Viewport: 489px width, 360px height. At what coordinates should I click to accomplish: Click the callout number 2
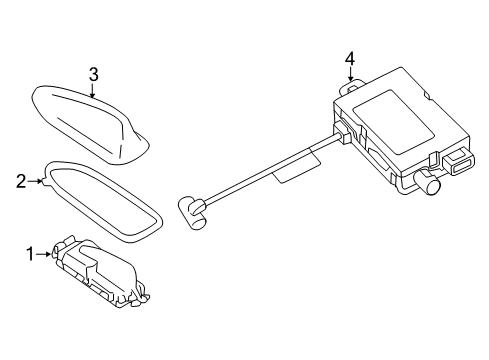pyautogui.click(x=20, y=181)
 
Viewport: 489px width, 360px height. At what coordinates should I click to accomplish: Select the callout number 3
pyautogui.click(x=92, y=73)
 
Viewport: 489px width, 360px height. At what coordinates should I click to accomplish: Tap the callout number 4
pyautogui.click(x=350, y=60)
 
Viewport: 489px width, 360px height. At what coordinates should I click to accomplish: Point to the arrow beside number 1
pyautogui.click(x=48, y=254)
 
